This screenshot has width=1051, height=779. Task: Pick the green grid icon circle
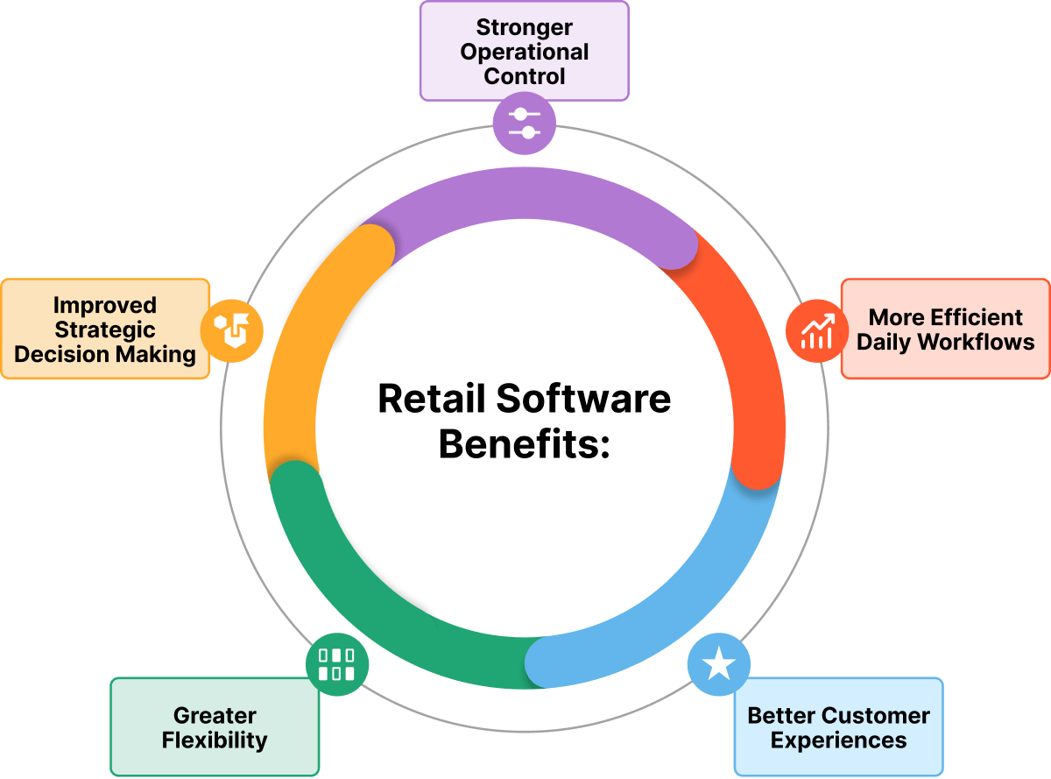coord(336,664)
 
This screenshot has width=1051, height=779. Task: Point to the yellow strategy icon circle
coord(231,330)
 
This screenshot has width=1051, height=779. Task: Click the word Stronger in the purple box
coord(525,29)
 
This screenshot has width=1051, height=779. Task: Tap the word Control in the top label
coord(525,76)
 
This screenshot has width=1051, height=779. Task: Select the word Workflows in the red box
coord(982,342)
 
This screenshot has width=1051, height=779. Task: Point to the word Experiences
coord(838,740)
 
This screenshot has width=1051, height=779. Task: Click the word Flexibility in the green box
coord(215,740)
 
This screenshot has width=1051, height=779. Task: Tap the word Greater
coord(215,716)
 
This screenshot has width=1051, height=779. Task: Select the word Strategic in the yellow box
coord(105,330)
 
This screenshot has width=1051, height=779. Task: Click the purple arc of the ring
coord(525,198)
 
